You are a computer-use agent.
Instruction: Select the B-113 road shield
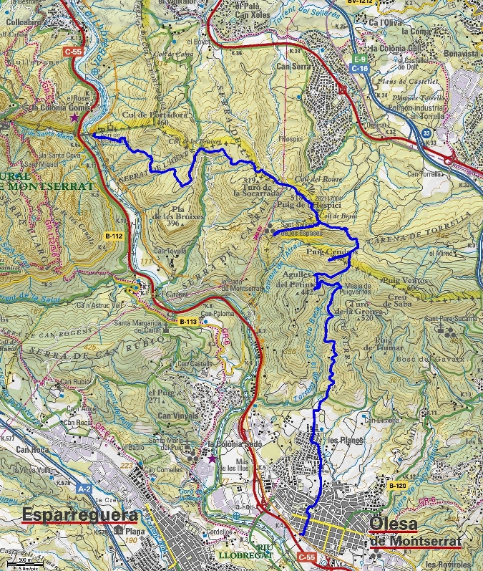[187, 322]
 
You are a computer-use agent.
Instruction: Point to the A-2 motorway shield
[84, 489]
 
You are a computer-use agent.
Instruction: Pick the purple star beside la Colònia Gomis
[74, 117]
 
